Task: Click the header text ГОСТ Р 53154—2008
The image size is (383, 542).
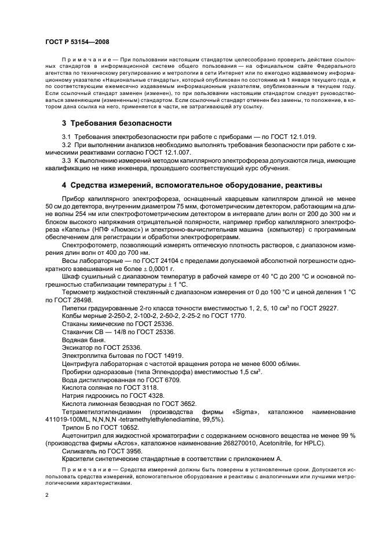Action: pos(76,42)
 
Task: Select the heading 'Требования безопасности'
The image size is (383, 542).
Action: pos(121,123)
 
